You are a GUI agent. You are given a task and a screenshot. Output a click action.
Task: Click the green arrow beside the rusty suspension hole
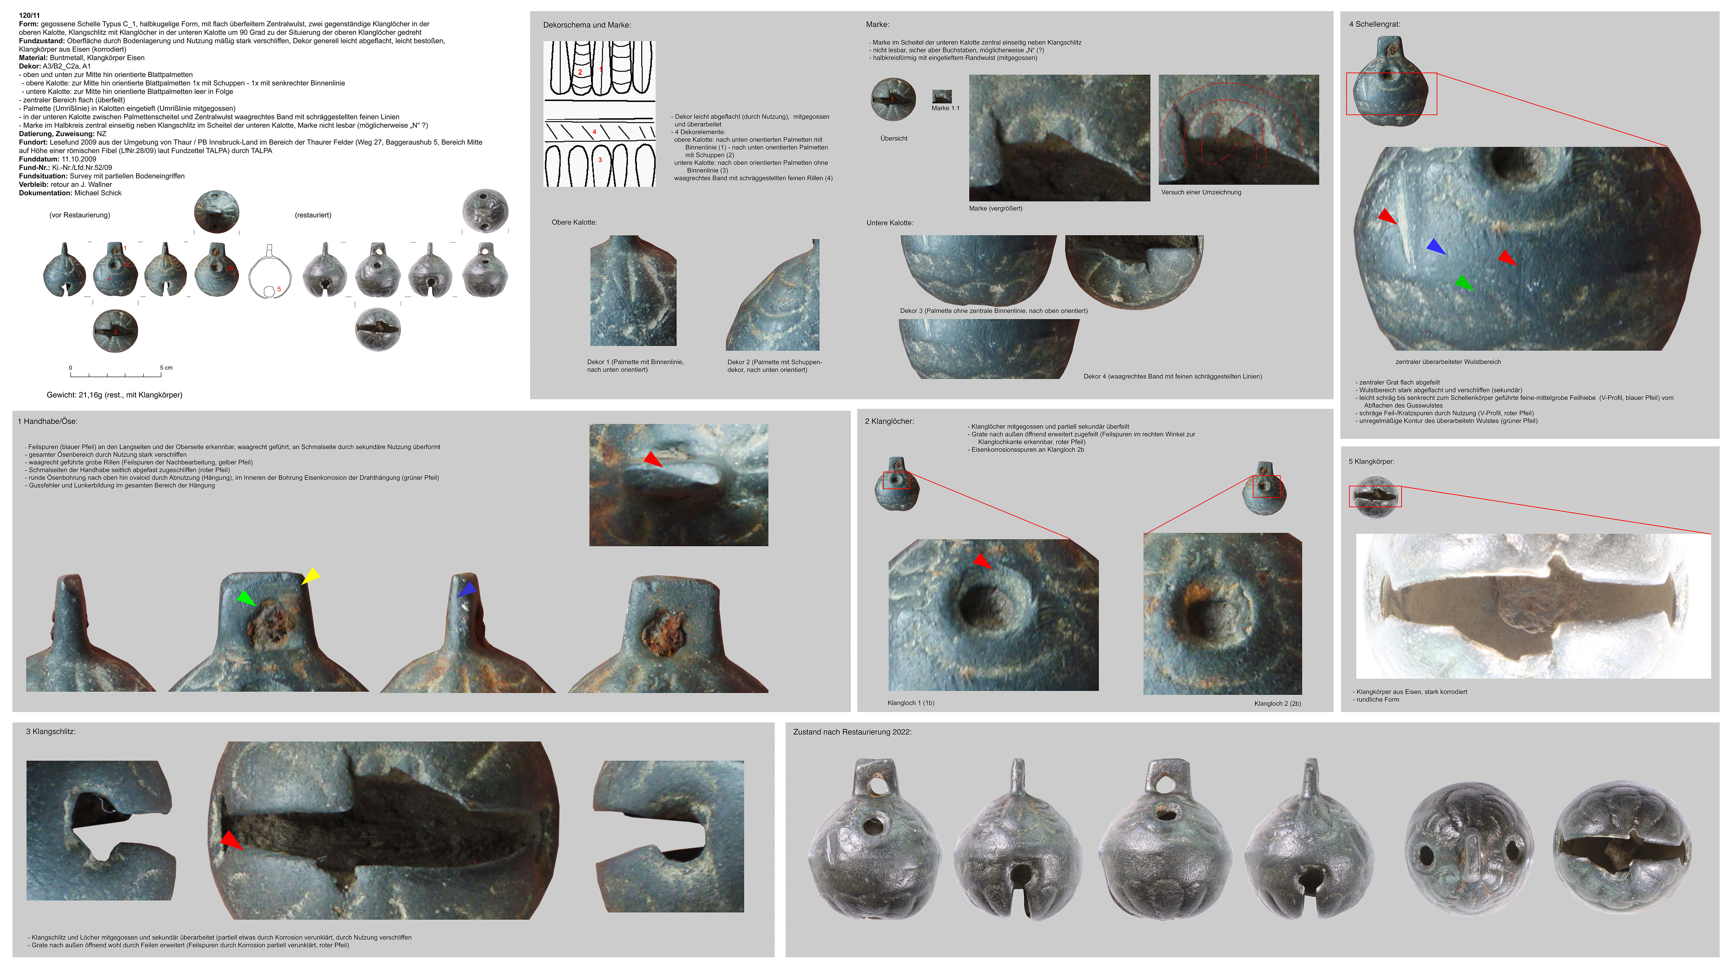(247, 597)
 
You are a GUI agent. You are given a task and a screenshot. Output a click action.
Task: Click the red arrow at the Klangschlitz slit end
(231, 840)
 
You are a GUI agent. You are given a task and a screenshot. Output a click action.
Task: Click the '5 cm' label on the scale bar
(166, 367)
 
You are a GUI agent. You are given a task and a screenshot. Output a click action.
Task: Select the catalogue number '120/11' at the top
(30, 15)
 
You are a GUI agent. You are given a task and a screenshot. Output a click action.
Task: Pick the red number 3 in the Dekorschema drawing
(600, 160)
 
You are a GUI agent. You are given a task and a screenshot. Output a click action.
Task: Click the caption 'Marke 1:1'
(945, 108)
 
